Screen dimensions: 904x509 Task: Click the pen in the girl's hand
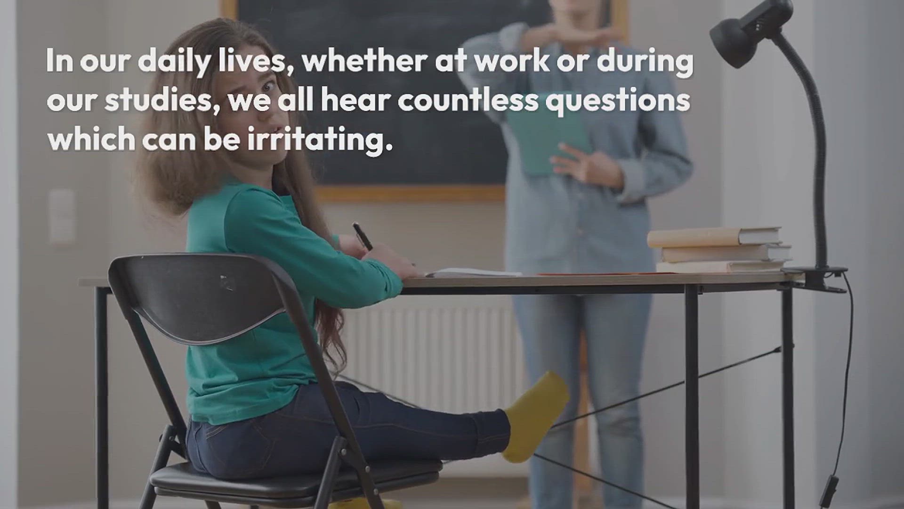[x=363, y=237]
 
